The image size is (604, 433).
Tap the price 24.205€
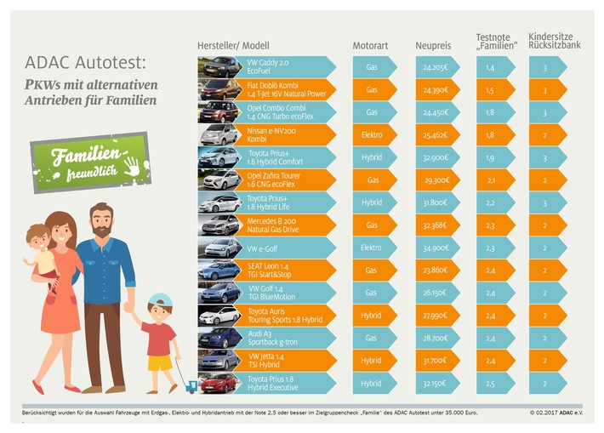436,66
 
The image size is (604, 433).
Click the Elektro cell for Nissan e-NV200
372,134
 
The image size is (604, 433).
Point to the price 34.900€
436,248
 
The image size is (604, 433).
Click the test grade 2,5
490,383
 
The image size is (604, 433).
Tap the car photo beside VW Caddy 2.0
219,66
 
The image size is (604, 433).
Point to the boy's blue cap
159,302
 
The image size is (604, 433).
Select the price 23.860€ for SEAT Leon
436,270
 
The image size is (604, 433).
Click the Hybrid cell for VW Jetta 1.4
372,360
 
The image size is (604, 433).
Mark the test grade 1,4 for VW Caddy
490,66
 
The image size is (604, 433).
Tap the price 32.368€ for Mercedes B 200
436,225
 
